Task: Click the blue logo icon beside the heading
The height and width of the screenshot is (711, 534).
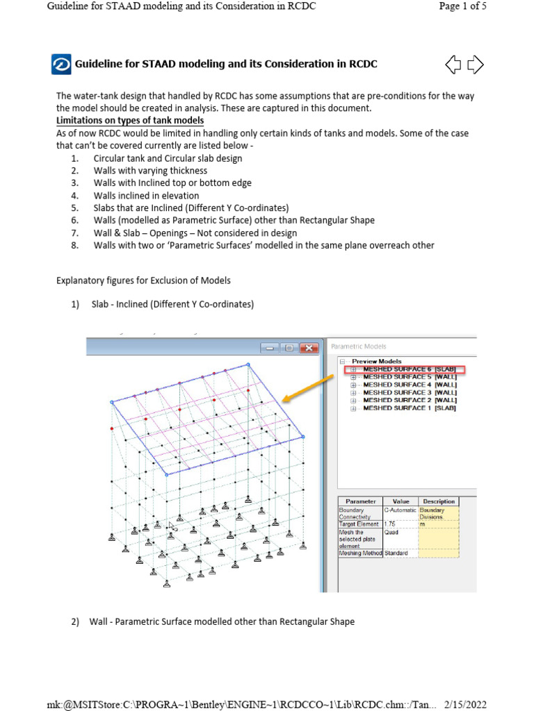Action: click(x=61, y=65)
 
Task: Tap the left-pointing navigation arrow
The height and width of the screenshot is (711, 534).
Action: click(x=453, y=65)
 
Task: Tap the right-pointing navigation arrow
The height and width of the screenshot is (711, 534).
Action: click(x=476, y=65)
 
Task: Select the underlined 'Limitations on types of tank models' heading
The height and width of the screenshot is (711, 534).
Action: click(x=130, y=121)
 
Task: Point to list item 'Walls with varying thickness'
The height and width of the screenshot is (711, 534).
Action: click(x=150, y=171)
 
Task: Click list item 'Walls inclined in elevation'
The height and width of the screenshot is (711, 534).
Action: click(x=146, y=196)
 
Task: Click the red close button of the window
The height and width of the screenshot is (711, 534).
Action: click(x=309, y=348)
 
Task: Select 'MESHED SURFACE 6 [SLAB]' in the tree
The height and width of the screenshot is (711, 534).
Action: click(x=409, y=369)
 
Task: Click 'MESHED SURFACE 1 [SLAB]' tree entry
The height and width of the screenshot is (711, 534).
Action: click(x=409, y=408)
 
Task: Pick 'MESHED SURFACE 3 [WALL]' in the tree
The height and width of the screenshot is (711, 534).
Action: click(x=409, y=392)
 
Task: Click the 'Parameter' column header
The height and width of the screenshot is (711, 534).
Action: click(x=360, y=501)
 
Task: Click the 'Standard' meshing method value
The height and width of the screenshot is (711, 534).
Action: click(x=396, y=553)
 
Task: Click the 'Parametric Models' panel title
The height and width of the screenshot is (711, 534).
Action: click(x=359, y=346)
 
